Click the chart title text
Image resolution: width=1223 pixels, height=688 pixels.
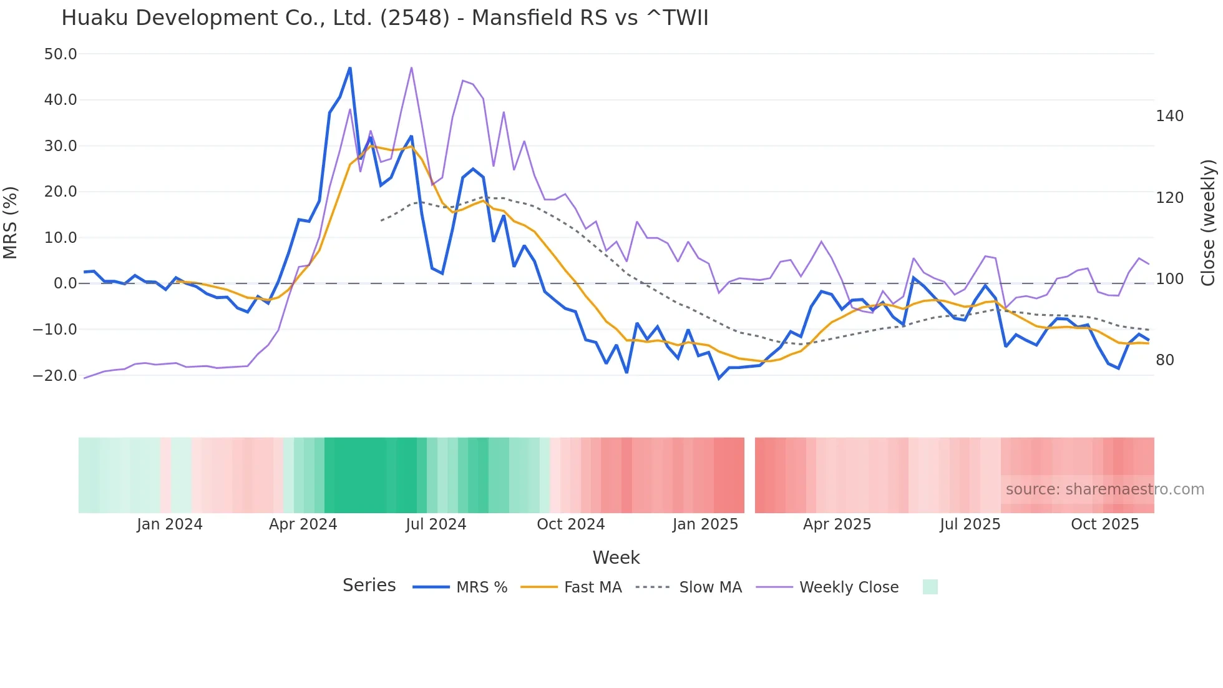point(384,18)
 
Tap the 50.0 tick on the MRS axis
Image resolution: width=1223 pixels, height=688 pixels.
point(61,54)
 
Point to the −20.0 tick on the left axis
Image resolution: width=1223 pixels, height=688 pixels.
point(56,376)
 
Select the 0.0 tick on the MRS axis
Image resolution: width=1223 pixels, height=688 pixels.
point(66,283)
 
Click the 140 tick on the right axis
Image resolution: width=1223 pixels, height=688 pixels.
point(1169,116)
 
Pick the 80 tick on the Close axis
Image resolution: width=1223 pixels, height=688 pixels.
point(1165,360)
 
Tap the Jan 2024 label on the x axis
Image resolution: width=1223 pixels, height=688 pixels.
point(170,524)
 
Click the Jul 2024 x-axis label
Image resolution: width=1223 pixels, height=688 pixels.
point(436,524)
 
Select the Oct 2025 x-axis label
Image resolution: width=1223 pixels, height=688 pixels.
point(1104,524)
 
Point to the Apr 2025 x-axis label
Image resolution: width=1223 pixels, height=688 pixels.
point(837,524)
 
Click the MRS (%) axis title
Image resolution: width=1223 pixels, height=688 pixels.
point(11,223)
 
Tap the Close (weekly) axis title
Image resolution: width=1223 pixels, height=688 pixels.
point(1209,223)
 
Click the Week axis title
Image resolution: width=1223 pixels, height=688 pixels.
point(616,558)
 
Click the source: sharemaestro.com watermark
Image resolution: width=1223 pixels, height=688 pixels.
point(1104,489)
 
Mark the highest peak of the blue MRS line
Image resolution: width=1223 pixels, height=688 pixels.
point(350,68)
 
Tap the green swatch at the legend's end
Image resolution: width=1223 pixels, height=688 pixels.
point(930,587)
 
